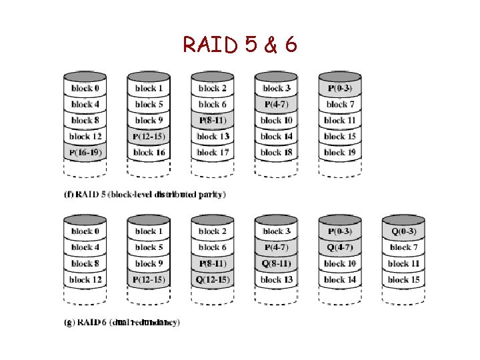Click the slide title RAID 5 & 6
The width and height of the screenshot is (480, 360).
240,45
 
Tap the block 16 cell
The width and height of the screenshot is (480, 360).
149,153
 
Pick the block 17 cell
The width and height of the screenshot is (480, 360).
213,153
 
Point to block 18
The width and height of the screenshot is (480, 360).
276,153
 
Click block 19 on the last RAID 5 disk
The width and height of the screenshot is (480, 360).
340,153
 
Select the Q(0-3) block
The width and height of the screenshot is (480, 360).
404,231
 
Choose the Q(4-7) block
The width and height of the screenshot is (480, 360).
340,247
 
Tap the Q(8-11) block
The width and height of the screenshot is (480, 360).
276,263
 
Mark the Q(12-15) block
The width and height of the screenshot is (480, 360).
213,279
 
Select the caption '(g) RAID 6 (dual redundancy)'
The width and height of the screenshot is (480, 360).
121,323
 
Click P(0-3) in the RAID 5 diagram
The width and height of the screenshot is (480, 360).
340,88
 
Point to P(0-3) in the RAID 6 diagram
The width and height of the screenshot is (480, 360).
340,231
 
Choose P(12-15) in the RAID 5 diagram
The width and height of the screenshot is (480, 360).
149,137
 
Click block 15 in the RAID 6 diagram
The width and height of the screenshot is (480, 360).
404,279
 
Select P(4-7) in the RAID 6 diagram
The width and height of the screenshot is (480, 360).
276,247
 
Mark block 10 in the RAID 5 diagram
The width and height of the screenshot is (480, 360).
276,121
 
